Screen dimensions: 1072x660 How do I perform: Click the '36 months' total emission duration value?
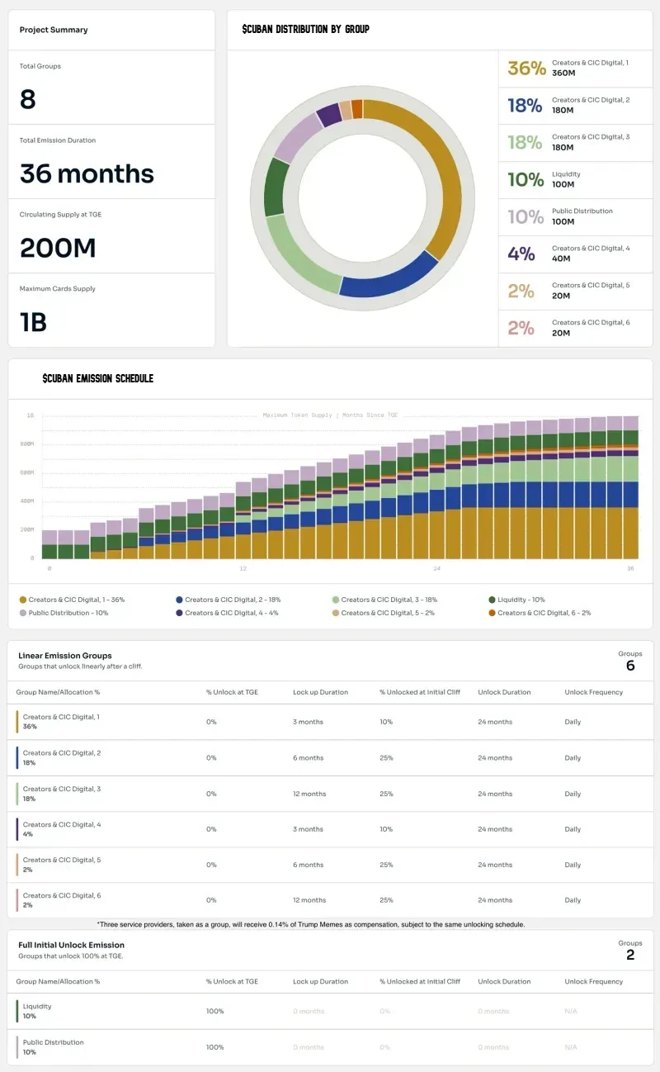87,173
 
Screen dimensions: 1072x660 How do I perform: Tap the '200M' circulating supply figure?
58,248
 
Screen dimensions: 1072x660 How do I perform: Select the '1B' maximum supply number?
33,322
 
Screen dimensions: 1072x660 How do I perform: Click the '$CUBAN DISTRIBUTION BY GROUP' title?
305,29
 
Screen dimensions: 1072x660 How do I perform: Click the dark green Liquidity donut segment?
276,187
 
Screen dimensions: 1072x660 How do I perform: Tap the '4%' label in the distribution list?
521,254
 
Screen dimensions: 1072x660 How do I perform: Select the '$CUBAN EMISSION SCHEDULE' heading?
97,378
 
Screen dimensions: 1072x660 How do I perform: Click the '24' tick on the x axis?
437,568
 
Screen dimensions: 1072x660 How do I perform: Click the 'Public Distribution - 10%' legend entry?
68,613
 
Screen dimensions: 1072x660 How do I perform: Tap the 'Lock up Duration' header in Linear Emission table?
320,692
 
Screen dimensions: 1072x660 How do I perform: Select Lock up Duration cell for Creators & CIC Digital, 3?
309,794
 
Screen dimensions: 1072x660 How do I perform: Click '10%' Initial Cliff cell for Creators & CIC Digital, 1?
386,722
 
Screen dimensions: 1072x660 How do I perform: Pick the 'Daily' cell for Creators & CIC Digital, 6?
573,900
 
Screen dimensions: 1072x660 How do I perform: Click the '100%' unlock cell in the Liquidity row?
214,1011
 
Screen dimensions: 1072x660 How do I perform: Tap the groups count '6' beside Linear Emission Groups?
630,666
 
